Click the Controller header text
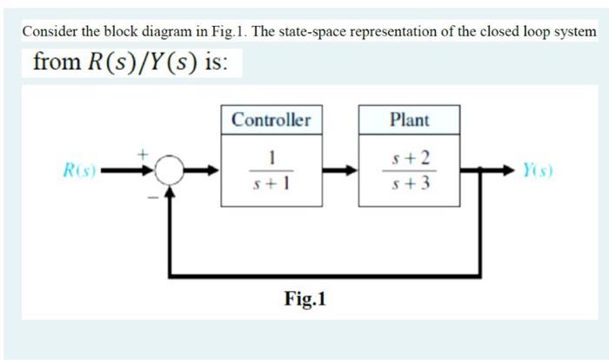[x=271, y=120]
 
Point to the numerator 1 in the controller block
[x=271, y=157]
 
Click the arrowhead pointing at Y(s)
[x=513, y=171]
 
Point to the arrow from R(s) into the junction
[x=130, y=171]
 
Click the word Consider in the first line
[x=50, y=31]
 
